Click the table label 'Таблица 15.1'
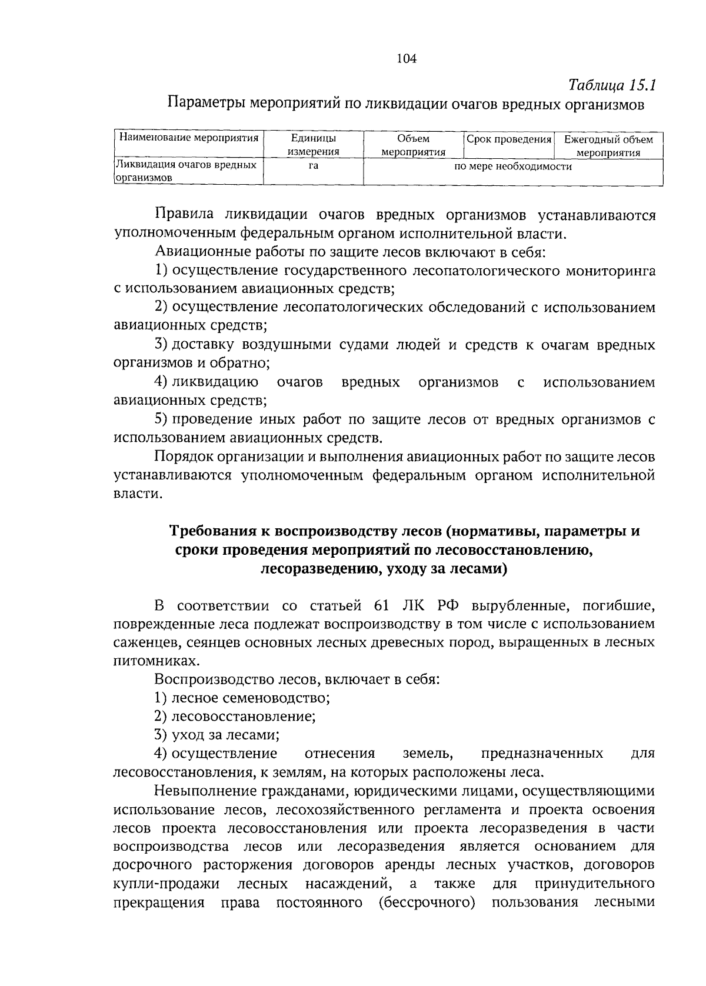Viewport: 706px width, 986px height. point(612,85)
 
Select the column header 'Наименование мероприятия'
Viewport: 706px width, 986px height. point(189,139)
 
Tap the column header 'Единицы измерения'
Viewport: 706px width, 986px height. point(314,145)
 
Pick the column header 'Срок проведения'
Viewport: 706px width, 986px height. point(509,139)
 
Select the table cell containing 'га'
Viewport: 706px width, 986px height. point(314,166)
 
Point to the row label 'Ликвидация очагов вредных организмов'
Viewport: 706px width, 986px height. point(186,171)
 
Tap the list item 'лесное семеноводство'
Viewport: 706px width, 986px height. point(249,698)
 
